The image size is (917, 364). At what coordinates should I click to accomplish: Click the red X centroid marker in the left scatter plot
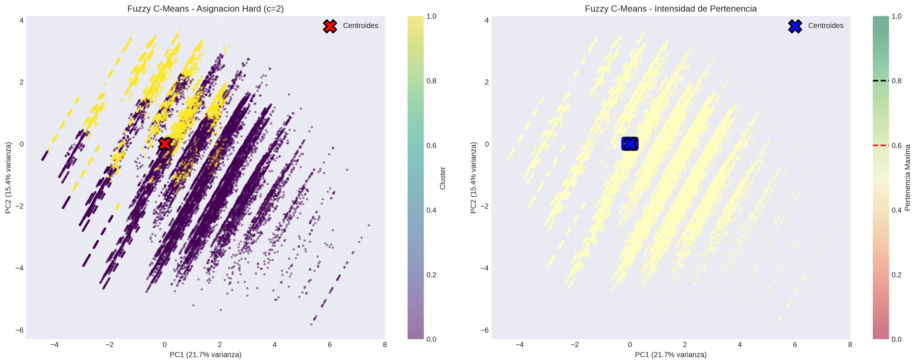(165, 144)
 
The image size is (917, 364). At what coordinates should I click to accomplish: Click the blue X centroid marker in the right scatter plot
(630, 144)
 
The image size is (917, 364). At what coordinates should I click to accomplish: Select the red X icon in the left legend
(330, 26)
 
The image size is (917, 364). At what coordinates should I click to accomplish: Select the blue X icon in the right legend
(795, 26)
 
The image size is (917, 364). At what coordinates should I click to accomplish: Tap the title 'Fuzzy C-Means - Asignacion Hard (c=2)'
(205, 9)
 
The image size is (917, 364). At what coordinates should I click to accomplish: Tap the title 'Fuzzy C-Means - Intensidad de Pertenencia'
(671, 9)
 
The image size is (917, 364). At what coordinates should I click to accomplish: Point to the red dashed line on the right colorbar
(881, 145)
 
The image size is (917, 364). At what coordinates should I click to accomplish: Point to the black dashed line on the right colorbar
(881, 81)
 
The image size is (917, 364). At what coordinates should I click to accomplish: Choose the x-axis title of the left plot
(205, 355)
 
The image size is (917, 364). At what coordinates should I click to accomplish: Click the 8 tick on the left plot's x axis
(385, 345)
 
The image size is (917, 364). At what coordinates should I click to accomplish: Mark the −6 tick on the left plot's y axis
(19, 330)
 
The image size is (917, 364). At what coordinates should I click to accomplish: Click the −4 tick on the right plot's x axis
(519, 345)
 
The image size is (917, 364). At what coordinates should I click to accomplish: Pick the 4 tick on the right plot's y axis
(487, 20)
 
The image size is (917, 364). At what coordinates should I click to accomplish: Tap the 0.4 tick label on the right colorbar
(896, 210)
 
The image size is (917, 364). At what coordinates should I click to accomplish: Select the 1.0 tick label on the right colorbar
(896, 16)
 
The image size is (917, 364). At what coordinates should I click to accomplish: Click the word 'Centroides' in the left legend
(360, 26)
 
